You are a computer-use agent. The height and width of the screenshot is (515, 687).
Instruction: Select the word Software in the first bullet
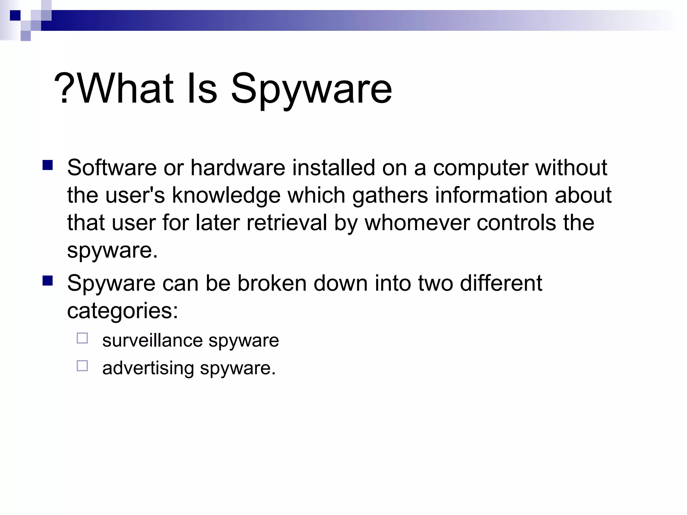(112, 167)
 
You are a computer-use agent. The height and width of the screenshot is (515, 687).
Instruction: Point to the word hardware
(238, 167)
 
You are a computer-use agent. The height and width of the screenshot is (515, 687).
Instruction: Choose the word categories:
(122, 311)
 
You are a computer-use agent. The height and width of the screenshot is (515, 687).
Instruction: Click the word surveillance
(153, 340)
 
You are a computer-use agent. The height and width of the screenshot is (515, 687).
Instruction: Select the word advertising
(148, 368)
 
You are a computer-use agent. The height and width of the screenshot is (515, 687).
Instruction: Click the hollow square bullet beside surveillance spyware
(82, 338)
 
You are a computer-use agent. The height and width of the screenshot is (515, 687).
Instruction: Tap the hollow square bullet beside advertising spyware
(82, 365)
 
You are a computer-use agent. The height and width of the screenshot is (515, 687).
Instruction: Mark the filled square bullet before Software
(48, 165)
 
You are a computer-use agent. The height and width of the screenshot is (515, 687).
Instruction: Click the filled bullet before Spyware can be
(48, 280)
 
